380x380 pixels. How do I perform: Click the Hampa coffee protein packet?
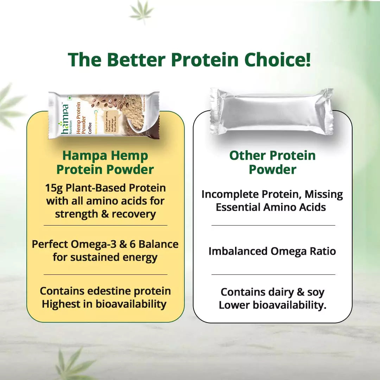[104, 115]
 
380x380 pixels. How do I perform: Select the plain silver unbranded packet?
[272, 112]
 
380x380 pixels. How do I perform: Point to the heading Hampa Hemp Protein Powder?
[105, 163]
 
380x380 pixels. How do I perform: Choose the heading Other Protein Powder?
[272, 163]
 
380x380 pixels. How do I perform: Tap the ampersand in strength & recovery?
[105, 214]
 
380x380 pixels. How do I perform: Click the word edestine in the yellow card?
[106, 291]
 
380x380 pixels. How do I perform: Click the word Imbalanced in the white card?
[238, 251]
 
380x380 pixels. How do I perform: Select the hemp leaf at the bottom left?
[70, 362]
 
